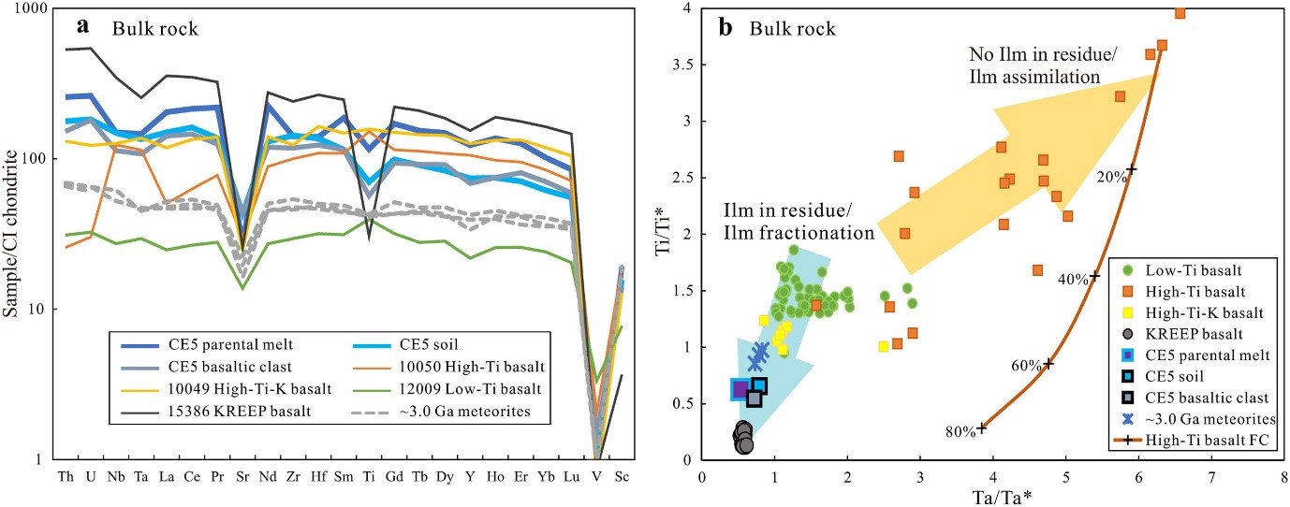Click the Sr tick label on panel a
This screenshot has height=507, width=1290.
click(242, 476)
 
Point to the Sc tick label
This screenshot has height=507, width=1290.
click(621, 476)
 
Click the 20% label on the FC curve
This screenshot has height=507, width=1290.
click(1109, 175)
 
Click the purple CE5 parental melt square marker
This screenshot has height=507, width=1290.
click(740, 389)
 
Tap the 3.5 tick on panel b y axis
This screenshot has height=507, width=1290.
click(684, 65)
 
